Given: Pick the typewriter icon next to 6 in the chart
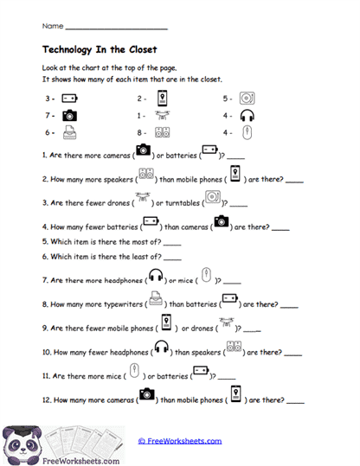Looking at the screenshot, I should (x=69, y=132).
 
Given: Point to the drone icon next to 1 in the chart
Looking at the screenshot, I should (x=162, y=115).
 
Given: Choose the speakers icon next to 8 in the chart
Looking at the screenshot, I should (x=162, y=132).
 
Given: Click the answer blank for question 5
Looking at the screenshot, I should (x=171, y=245).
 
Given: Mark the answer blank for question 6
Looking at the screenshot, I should (x=171, y=259).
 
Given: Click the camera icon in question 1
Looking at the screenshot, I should (x=143, y=150).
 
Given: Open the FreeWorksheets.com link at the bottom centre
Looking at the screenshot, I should (x=180, y=441).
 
